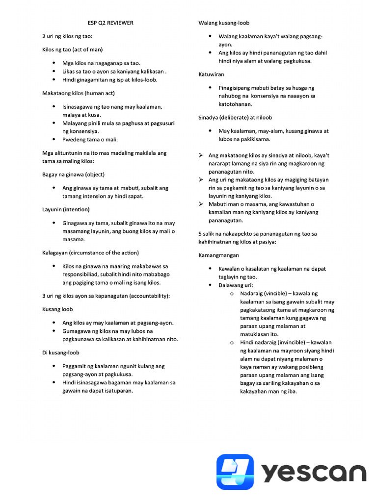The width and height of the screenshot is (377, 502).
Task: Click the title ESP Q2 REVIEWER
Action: pyautogui.click(x=107, y=23)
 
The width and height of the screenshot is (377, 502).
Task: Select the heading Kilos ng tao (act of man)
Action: pyautogui.click(x=72, y=50)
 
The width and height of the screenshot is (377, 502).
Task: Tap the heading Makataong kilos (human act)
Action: pyautogui.click(x=79, y=93)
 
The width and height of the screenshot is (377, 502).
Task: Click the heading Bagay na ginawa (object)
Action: pyautogui.click(x=73, y=175)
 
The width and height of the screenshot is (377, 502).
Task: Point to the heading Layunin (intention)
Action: pyautogui.click(x=66, y=209)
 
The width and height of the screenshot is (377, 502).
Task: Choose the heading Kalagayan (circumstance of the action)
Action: pyautogui.click(x=90, y=252)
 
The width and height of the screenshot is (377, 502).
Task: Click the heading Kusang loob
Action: pyautogui.click(x=58, y=309)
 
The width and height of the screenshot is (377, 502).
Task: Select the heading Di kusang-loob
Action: pyautogui.click(x=61, y=352)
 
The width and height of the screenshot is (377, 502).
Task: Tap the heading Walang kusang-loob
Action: pyautogui.click(x=224, y=23)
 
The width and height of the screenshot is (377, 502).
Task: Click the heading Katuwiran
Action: pyautogui.click(x=212, y=74)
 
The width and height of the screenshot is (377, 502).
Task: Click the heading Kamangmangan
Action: pyautogui.click(x=218, y=255)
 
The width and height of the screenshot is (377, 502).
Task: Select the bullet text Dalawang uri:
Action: pyautogui.click(x=236, y=285)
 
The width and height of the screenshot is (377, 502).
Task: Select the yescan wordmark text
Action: pyautogui.click(x=314, y=473)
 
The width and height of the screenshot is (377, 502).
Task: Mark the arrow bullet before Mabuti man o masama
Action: pyautogui.click(x=201, y=204)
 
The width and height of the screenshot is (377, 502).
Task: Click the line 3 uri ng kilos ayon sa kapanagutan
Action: pyautogui.click(x=106, y=296)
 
